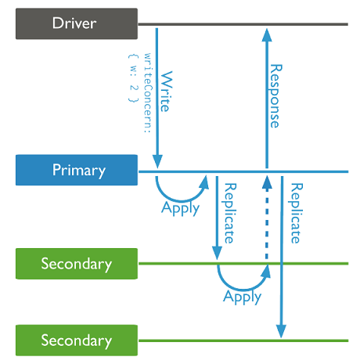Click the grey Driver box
pos(77,23)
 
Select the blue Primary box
pos(77,170)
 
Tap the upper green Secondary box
pos(77,264)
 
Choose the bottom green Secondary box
pos(77,341)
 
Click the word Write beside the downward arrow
pos(166,92)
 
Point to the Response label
pos(275,96)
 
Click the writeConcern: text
pos(148,93)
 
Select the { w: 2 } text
pos(133,78)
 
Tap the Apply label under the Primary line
pos(181,208)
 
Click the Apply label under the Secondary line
pos(242,297)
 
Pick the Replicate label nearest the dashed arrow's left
pos(230,213)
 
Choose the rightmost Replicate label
pos(297,213)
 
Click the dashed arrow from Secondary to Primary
pos(267,218)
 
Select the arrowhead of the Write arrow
pos(157,161)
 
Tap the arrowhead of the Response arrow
pos(267,35)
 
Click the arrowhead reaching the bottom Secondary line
pos(281,331)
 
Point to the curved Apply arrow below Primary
pos(180,201)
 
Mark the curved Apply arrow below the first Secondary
pos(243,290)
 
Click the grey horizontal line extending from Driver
pos(243,24)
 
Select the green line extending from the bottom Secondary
pos(243,341)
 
